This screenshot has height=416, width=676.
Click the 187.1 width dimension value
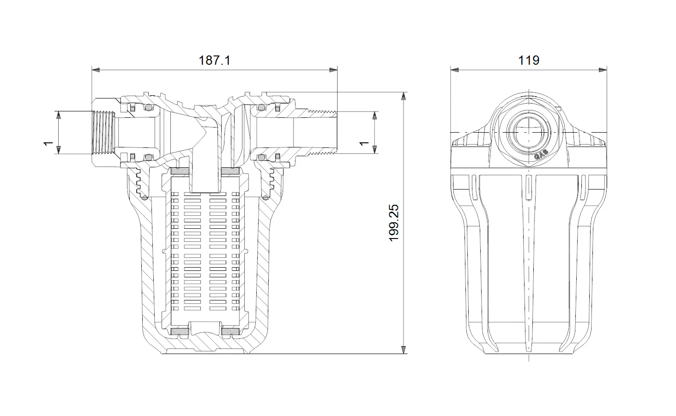click(215, 61)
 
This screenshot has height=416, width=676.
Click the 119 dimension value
click(529, 61)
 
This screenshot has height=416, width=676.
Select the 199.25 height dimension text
click(394, 223)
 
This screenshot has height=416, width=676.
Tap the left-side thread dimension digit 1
click(48, 143)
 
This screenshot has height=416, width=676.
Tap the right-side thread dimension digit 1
click(364, 143)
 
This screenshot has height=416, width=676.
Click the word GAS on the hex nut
click(541, 155)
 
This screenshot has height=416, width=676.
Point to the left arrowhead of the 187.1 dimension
click(96, 70)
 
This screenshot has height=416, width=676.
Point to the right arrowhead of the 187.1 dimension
click(333, 70)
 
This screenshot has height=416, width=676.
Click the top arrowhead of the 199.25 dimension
click(404, 96)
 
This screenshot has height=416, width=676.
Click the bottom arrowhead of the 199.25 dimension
click(404, 349)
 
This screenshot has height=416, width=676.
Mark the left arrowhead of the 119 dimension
click(454, 70)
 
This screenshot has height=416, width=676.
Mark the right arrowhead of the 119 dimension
click(603, 70)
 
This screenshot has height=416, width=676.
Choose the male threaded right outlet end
click(322, 133)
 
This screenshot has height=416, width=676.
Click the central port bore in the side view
click(529, 132)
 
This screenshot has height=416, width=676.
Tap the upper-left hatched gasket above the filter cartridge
click(180, 171)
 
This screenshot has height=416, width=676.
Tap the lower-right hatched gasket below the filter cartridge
click(230, 331)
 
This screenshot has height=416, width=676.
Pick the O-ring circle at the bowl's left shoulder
click(145, 198)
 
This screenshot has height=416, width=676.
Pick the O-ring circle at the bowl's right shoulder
click(266, 198)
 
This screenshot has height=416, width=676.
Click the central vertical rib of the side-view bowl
click(529, 263)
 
